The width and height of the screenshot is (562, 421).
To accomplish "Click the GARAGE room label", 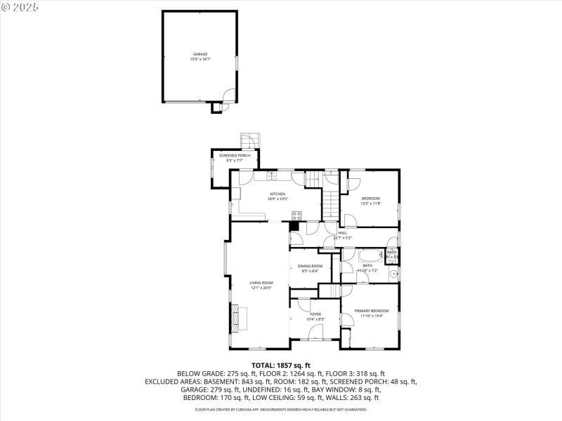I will coord(200,57).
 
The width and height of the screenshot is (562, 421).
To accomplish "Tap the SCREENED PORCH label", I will coord(234,158).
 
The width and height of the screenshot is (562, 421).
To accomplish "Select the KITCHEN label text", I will coord(277,196).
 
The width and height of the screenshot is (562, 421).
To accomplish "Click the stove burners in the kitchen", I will coord(296,215).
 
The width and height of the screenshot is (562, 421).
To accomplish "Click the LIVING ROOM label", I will coord(261,285).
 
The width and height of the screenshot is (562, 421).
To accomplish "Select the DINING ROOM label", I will coord(310,268).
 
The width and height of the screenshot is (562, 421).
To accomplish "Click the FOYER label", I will coord(315,316).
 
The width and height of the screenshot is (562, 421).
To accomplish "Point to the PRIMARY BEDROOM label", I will coord(371,312).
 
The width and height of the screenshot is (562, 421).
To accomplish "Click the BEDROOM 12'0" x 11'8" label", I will coord(371,201).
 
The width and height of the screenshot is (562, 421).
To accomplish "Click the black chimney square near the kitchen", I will coord(294,226).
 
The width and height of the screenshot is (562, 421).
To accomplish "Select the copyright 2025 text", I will coord(20,6).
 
